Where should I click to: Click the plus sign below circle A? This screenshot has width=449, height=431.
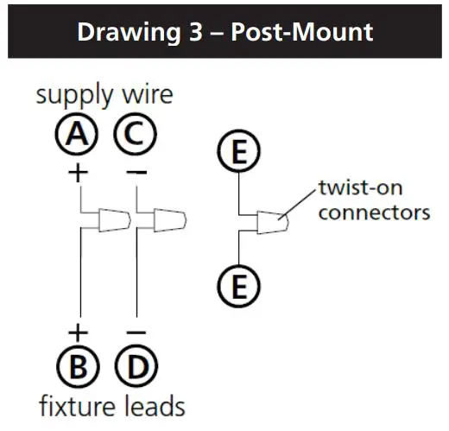pos(79,172)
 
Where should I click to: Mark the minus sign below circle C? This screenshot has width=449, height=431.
pos(136,172)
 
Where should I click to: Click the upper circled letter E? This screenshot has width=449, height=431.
pos(237,152)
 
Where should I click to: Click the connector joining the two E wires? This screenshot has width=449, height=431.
pos(273,223)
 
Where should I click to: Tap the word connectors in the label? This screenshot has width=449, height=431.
pos(373,212)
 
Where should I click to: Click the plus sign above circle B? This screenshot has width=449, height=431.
pos(79,332)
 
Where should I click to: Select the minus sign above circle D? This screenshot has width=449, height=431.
pos(136,332)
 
